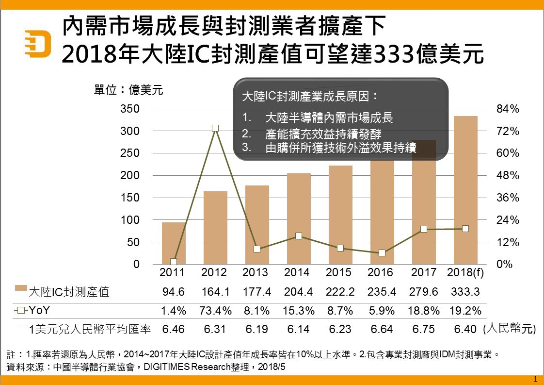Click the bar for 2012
point(215,228)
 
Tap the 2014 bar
point(299,218)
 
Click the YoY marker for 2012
point(215,128)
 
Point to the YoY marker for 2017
point(424,229)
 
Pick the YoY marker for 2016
point(382,253)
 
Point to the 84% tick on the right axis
point(508,109)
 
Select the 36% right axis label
point(508,198)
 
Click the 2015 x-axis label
point(338,272)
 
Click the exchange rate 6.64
point(380,330)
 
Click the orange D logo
point(38,43)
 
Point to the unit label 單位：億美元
point(128,90)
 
